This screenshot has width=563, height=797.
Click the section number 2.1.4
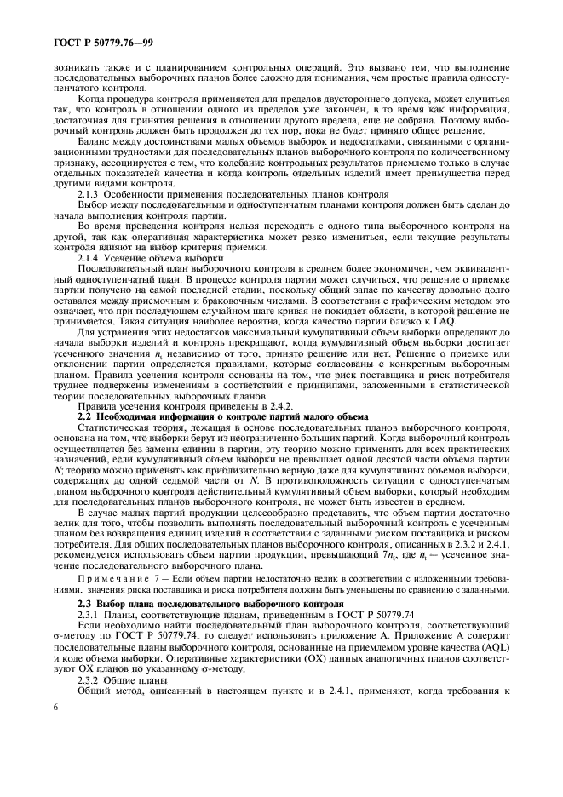[x=87, y=256]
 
